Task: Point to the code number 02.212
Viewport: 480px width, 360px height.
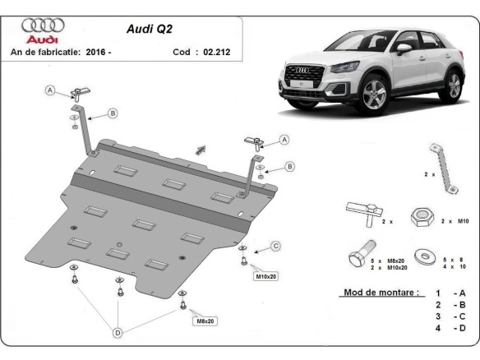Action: pyautogui.click(x=216, y=52)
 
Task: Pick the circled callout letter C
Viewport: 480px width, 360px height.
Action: pyautogui.click(x=276, y=246)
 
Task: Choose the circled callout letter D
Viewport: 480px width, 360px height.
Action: pyautogui.click(x=118, y=332)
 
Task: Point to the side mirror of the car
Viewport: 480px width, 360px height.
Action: pyautogui.click(x=404, y=48)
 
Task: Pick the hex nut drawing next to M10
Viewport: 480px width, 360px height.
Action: pyautogui.click(x=423, y=218)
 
